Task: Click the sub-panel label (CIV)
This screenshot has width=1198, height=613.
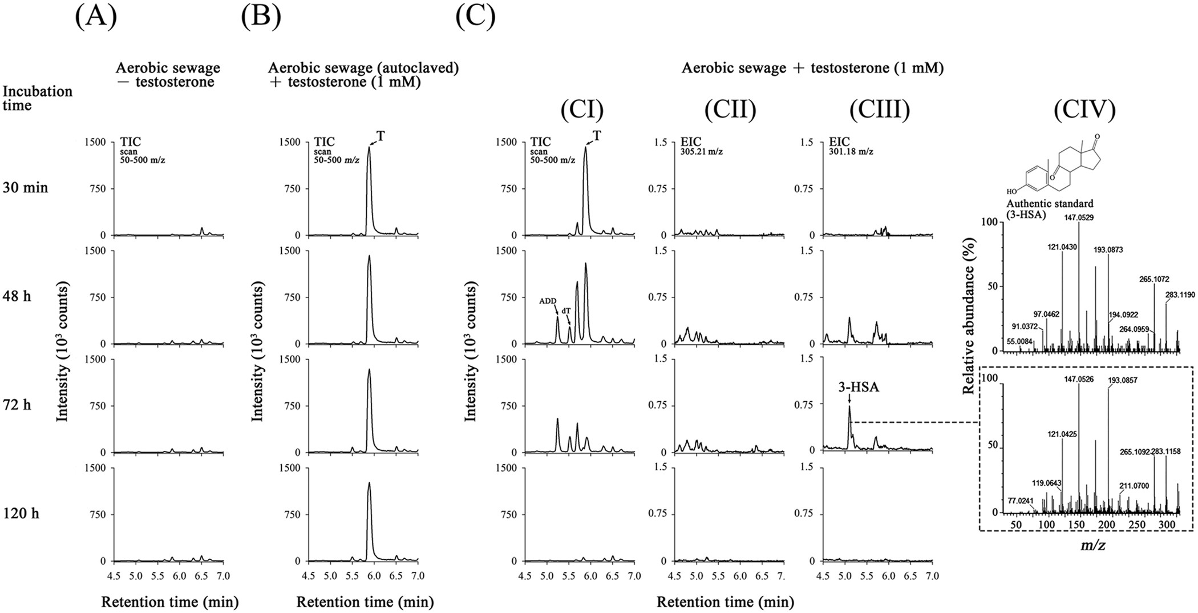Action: point(1085,110)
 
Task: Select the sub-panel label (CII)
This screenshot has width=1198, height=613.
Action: point(730,110)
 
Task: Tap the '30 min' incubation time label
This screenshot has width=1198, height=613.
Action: point(26,188)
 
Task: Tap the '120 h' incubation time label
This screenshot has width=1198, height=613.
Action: point(21,514)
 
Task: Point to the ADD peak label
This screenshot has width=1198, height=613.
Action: point(548,301)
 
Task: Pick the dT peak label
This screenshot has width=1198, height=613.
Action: point(566,310)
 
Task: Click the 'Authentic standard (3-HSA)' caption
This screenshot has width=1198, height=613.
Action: point(1042,208)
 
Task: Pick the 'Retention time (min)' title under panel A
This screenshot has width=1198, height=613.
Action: point(169,602)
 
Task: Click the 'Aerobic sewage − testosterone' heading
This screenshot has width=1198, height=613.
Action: point(168,75)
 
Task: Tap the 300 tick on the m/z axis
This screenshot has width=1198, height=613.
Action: point(1167,525)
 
